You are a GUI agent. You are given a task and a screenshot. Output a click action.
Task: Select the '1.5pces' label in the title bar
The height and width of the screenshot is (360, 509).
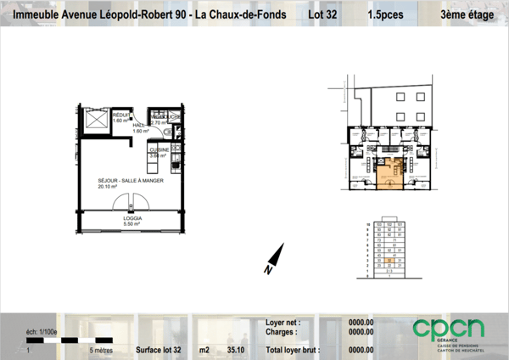(x=385, y=15)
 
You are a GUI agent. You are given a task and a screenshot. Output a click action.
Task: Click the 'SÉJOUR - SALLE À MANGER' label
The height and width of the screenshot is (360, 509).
(x=131, y=181)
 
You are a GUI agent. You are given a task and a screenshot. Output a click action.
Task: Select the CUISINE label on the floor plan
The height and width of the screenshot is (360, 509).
(x=159, y=149)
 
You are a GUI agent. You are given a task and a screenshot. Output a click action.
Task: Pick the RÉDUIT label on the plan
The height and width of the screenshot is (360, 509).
(x=121, y=115)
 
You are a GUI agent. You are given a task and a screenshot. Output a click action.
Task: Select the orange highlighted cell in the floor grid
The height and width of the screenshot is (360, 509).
(x=388, y=260)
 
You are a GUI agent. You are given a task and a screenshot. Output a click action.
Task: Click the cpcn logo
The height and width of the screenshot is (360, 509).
(x=449, y=329)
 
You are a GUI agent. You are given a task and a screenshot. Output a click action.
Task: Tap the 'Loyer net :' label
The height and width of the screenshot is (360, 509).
(x=284, y=323)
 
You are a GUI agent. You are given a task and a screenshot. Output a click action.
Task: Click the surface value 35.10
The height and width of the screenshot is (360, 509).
(x=237, y=349)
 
